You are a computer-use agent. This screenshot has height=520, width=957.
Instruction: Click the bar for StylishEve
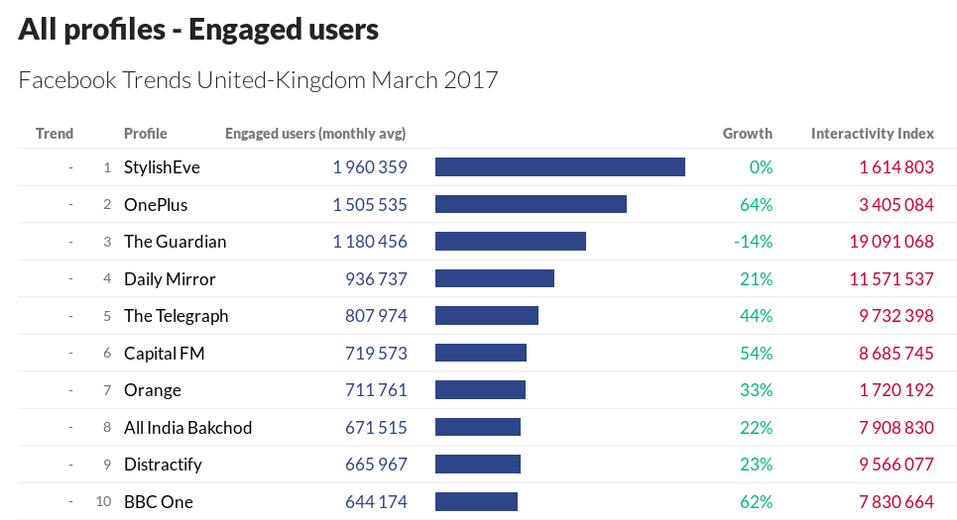coord(559,166)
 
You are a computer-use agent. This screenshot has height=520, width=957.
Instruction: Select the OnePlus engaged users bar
coord(531,204)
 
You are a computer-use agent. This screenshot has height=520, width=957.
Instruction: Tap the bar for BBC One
coord(476,501)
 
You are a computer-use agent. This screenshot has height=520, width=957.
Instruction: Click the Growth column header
coord(747,134)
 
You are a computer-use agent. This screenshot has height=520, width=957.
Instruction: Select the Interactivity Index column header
coord(872,134)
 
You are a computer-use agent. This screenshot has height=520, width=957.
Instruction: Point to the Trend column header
coord(55,134)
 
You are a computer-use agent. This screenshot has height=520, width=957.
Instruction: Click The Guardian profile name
coord(175,242)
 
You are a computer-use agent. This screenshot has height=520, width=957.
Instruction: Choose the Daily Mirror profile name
coord(170,279)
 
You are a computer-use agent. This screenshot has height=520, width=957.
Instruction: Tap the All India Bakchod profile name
coord(187,428)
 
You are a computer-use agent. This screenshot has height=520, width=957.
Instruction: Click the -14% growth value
coord(753,242)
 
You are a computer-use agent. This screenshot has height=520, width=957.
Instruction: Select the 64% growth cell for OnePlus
coord(756,205)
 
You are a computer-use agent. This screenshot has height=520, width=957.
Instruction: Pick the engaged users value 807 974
coord(376,316)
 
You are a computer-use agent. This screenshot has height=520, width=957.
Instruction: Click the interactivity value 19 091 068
coord(892,242)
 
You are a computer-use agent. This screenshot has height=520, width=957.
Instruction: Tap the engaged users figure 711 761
coord(376,390)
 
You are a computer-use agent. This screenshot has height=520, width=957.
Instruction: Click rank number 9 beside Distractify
coord(106,465)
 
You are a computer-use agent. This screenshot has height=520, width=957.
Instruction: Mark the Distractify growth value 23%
coord(756,465)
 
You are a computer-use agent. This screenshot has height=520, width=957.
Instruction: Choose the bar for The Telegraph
coord(486,315)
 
